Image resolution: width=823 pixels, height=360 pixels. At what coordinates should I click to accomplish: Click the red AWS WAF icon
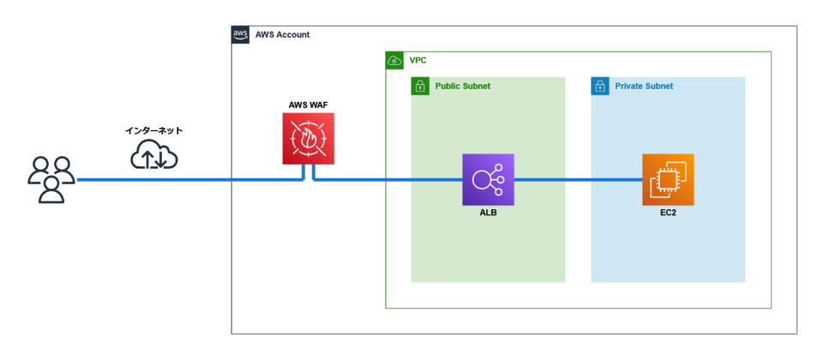point(308,139)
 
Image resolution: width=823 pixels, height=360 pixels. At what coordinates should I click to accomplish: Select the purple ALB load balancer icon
point(488,180)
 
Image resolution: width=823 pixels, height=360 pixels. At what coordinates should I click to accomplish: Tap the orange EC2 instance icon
point(668,180)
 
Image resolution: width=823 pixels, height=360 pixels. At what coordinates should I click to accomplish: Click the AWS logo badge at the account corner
point(240,34)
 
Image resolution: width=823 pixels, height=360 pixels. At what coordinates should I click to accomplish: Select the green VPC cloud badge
point(394,60)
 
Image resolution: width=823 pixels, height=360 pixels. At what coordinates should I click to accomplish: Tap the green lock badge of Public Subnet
point(420,86)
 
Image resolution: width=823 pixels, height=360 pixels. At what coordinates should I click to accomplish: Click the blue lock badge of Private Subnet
point(600,86)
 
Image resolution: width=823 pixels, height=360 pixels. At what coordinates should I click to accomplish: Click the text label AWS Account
point(282,34)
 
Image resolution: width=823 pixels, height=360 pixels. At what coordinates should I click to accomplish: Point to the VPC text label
point(418,61)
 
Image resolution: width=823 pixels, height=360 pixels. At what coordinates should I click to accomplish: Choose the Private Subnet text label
point(644,87)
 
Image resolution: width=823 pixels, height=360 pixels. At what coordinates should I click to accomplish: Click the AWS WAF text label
point(308,105)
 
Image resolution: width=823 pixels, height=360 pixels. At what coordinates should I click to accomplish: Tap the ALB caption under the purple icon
point(488,213)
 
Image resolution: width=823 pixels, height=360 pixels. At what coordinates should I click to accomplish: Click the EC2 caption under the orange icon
point(668,213)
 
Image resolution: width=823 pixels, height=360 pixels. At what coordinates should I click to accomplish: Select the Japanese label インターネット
point(154,130)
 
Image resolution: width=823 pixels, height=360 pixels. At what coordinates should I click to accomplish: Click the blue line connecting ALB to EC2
point(578,180)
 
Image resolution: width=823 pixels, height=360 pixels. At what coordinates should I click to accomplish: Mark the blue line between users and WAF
point(189,180)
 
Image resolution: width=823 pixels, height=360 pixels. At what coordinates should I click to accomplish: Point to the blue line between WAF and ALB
point(386,180)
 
